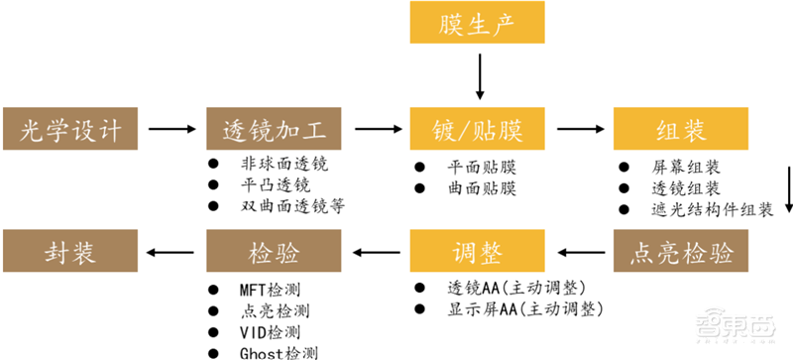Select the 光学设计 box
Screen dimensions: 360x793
(72, 128)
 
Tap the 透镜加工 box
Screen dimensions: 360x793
(275, 128)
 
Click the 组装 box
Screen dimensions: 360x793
(680, 128)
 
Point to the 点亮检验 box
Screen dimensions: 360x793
(680, 251)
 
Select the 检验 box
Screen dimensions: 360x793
(275, 251)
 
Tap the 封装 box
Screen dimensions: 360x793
(72, 251)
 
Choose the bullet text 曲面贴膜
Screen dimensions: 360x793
(482, 187)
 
